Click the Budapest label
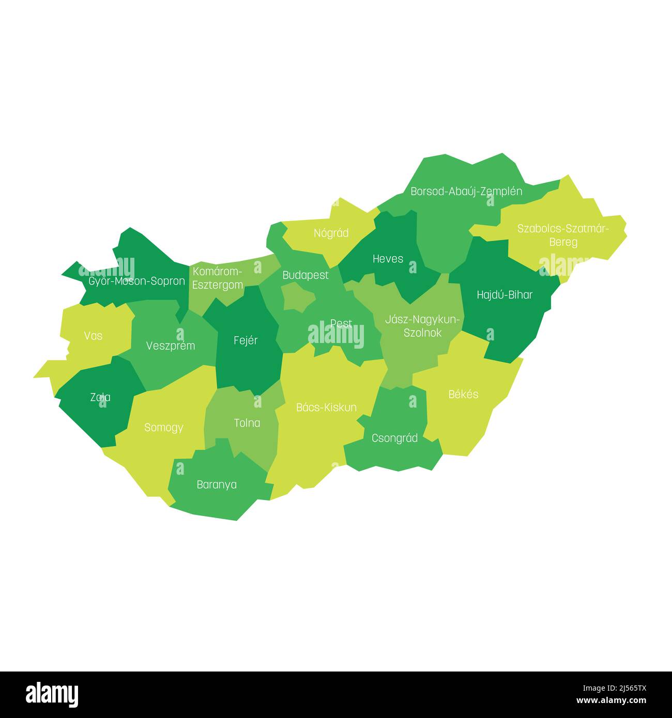point(305,275)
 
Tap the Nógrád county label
point(331,233)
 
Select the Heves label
point(388,259)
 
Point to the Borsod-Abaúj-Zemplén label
point(466,192)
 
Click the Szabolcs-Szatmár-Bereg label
point(563,235)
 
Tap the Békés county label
point(463,394)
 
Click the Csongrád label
point(394,439)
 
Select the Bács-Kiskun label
point(326,408)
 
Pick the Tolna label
point(247,423)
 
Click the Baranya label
point(217,485)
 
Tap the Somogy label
point(164,428)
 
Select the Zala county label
point(100,397)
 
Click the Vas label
point(93,336)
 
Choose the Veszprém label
point(171,346)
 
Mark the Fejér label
point(246,340)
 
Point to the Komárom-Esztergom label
point(217,278)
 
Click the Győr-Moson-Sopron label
point(136,282)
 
